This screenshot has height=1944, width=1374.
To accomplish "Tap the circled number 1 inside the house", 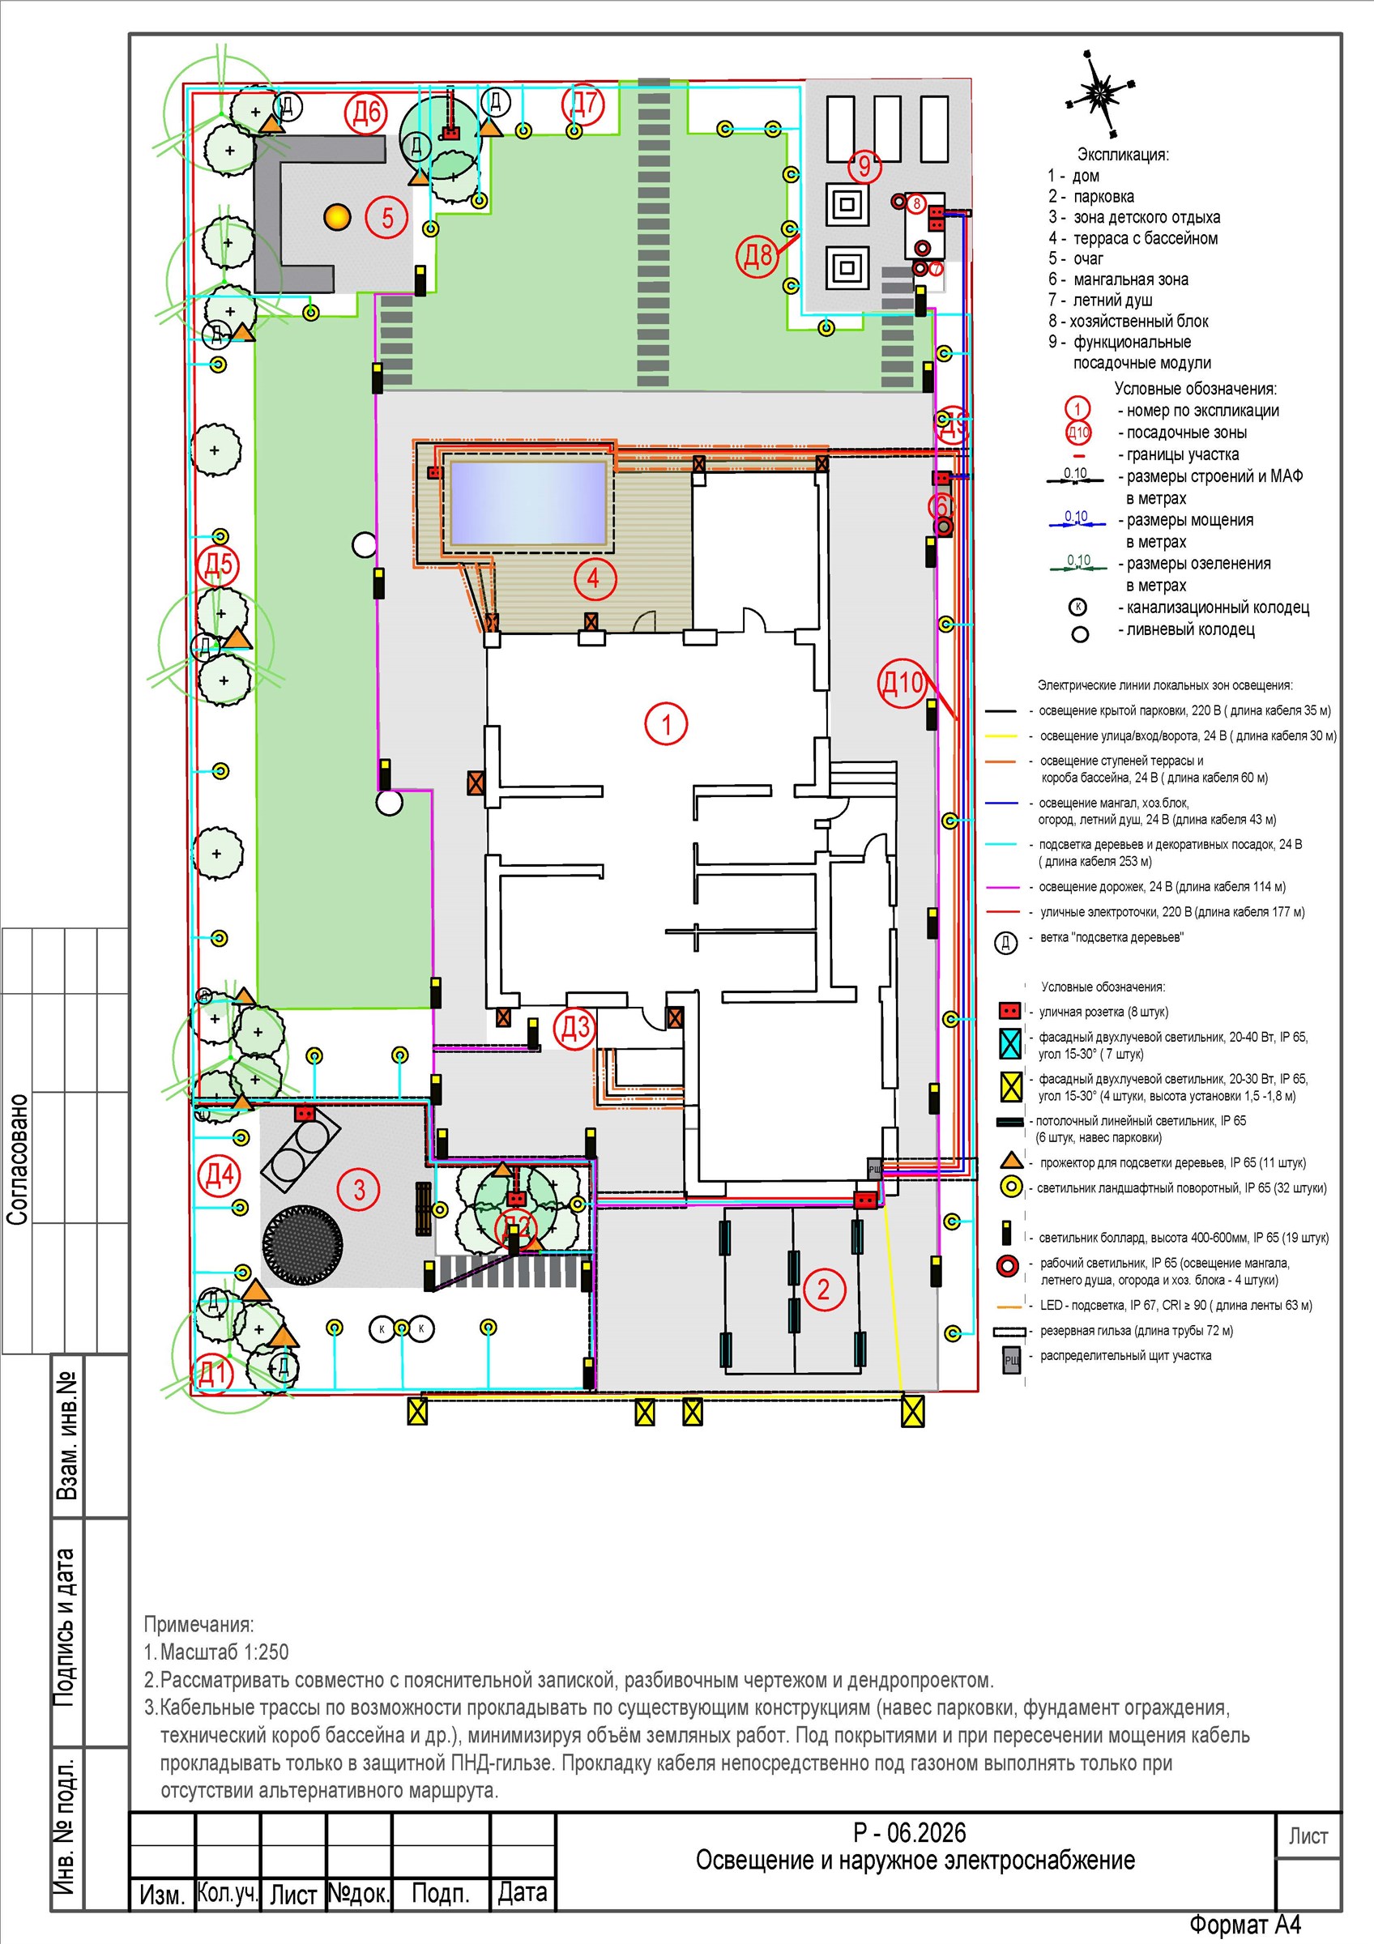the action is coord(666,724).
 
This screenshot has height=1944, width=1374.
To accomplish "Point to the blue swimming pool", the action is coord(528,503).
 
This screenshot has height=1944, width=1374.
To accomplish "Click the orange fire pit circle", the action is coord(337,217).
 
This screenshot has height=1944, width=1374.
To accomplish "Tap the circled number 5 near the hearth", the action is coord(387,218).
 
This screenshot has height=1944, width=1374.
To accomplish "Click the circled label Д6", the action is coord(365,113).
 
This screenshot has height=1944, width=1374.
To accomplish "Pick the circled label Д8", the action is coord(757,254).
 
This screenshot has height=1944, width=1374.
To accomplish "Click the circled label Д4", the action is coord(220,1175).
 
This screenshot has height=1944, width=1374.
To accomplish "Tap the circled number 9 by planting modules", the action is coord(864,165).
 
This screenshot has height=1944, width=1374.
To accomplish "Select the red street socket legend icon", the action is coord(1009,1011).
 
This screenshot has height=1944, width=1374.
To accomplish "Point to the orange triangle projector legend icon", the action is coord(1010,1161).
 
